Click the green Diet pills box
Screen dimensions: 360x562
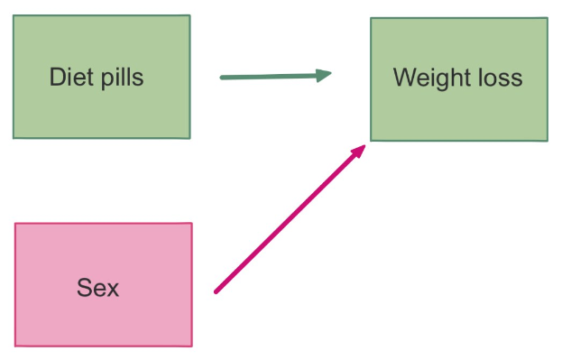[x=101, y=77]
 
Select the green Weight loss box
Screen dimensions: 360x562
[x=458, y=78]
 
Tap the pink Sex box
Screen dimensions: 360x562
[x=103, y=284]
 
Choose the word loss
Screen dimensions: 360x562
[x=500, y=78]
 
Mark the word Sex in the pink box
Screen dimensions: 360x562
[x=97, y=289]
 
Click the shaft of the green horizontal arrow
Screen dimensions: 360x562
[x=271, y=77]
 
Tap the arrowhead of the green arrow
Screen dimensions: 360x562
[x=325, y=76]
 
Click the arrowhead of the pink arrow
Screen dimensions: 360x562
[x=360, y=150]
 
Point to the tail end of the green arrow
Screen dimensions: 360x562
[x=222, y=78]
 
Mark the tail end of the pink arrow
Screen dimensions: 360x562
[x=216, y=291]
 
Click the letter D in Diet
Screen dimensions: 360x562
[x=55, y=78]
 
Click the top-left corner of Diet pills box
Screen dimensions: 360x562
[x=14, y=16]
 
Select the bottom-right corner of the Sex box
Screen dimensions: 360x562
[x=191, y=346]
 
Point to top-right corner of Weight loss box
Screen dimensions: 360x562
[x=547, y=18]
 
